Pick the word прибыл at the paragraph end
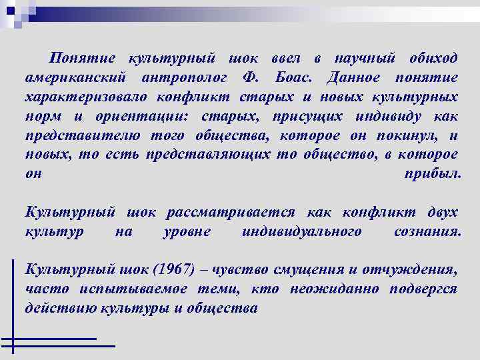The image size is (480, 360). (x=432, y=174)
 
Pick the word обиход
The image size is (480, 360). (x=432, y=59)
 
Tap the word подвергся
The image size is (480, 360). (x=423, y=289)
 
